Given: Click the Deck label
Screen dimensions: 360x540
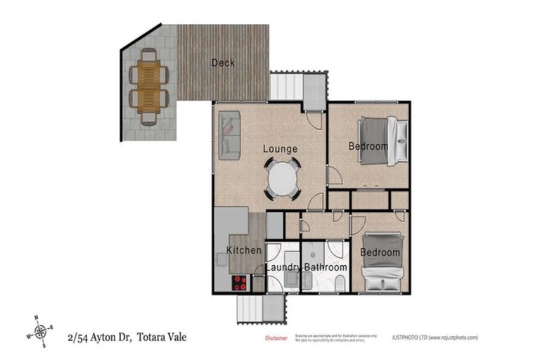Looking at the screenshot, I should (x=223, y=63).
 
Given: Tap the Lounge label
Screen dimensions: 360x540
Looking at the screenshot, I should (x=281, y=149).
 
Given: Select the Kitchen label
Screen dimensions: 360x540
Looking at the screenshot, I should (x=244, y=250).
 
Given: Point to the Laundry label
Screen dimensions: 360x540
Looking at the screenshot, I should (x=283, y=268).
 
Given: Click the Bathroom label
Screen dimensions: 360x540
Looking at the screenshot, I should (x=326, y=268).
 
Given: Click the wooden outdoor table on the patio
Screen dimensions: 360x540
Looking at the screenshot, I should (x=148, y=86).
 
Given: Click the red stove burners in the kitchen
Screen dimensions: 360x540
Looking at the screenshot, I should (x=240, y=283).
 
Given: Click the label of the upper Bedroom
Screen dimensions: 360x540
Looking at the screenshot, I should (x=368, y=146).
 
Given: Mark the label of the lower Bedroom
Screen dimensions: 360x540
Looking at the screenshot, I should (x=380, y=252).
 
